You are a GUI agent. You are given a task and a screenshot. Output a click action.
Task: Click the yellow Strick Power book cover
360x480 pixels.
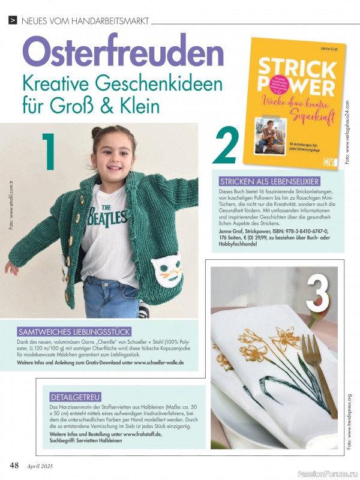click(x=294, y=102)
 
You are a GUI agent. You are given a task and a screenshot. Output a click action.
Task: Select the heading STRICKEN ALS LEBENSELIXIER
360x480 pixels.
click(x=269, y=181)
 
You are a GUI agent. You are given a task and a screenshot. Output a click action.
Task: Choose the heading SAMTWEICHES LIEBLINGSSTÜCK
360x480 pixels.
click(x=75, y=332)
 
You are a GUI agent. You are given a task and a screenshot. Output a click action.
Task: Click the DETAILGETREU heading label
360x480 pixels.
click(x=75, y=397)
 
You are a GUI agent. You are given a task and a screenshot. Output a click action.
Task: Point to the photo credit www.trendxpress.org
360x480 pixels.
click(x=349, y=420)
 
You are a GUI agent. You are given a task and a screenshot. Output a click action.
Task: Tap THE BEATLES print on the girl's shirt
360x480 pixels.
click(x=109, y=216)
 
